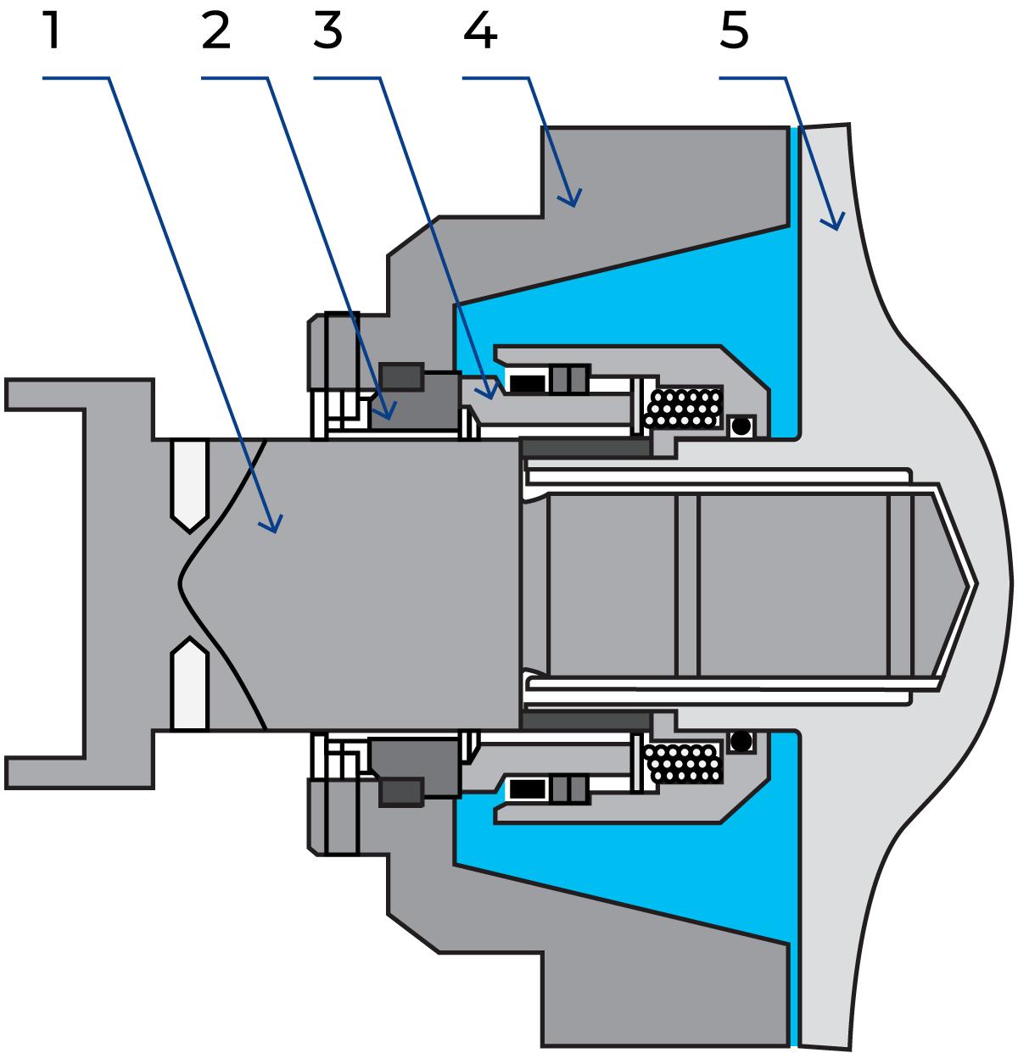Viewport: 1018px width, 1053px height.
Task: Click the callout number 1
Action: pyautogui.click(x=52, y=31)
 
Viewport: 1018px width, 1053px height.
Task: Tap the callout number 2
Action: pyautogui.click(x=216, y=31)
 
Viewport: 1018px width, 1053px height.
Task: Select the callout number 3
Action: pyautogui.click(x=328, y=31)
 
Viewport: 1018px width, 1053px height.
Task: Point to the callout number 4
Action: pyautogui.click(x=480, y=31)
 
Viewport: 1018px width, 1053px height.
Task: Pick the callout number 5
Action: pyautogui.click(x=735, y=31)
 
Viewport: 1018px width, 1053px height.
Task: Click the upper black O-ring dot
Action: pyautogui.click(x=741, y=426)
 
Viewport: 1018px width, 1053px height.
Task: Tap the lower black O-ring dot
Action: pyautogui.click(x=741, y=741)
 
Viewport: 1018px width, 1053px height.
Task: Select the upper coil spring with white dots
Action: pyautogui.click(x=684, y=408)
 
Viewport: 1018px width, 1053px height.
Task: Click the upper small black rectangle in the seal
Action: pyautogui.click(x=528, y=383)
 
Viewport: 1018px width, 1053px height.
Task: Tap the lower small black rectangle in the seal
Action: pyautogui.click(x=528, y=789)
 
